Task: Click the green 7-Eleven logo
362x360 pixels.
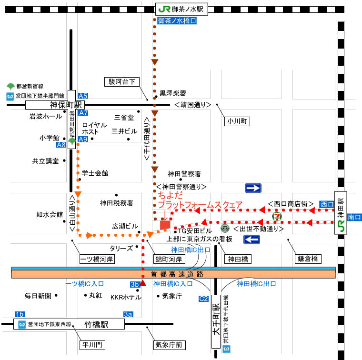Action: pos(277,216)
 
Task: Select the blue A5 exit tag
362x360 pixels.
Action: pos(83,96)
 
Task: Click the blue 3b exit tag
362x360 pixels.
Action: pos(134,284)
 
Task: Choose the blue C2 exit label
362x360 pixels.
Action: pos(203,299)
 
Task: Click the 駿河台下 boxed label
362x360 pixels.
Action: pos(122,81)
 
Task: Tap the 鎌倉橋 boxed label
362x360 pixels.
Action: pos(310,259)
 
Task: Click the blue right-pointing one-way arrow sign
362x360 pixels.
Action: pos(253,188)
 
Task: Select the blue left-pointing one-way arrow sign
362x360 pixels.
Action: pos(251,238)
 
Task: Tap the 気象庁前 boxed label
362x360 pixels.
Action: pos(170,344)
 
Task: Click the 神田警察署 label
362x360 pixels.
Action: pos(184,174)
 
